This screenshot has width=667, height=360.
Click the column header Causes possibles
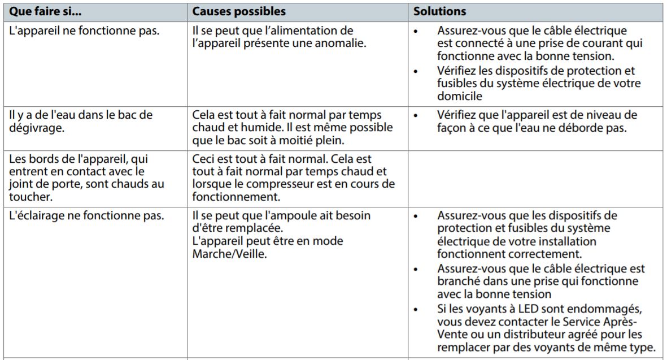click(239, 11)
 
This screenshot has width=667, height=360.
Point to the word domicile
click(458, 96)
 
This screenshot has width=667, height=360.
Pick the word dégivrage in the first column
click(35, 128)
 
